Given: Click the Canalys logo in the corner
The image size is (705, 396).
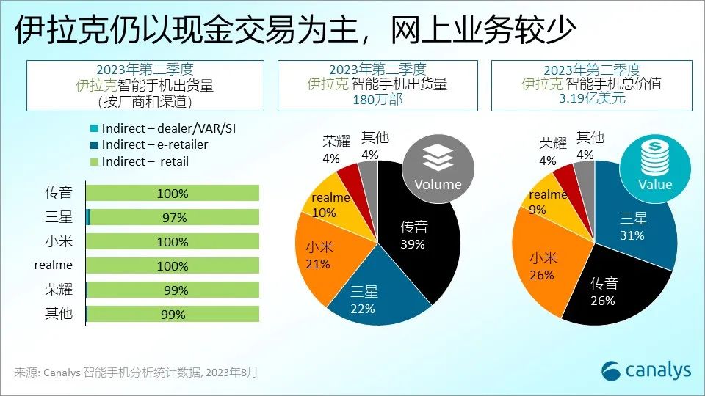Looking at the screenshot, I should (x=646, y=370).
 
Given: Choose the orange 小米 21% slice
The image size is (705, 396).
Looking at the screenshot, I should (x=323, y=253).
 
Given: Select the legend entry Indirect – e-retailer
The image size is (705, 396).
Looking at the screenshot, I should (x=154, y=145).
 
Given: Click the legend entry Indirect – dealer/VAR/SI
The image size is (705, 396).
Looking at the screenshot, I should (x=168, y=129).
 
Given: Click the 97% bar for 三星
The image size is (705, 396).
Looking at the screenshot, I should (x=173, y=218).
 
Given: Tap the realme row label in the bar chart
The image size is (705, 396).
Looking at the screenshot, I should (x=54, y=265).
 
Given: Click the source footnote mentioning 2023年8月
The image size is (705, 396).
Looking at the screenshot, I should (x=136, y=373).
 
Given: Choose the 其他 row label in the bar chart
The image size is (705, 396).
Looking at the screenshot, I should (x=59, y=314).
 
